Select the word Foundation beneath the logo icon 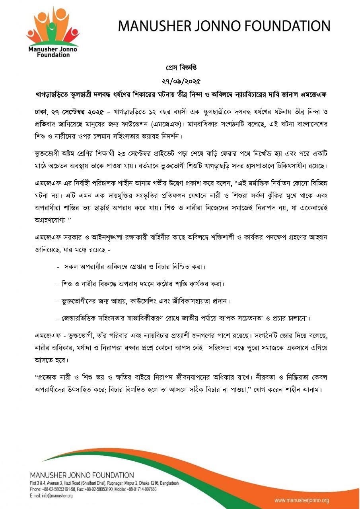pos(53,55)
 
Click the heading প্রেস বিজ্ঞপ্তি pos(180,68)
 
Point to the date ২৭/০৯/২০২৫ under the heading pos(180,81)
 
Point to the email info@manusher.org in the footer pos(51,496)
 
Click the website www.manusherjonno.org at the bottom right pos(302,500)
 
